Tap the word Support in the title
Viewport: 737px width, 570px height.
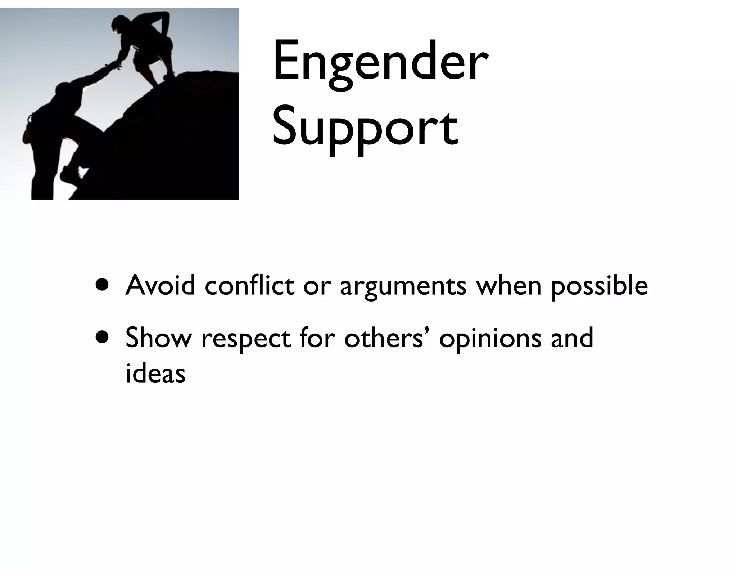click(365, 128)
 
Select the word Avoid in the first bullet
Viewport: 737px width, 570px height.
click(160, 285)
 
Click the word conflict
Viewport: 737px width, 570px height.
click(249, 285)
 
